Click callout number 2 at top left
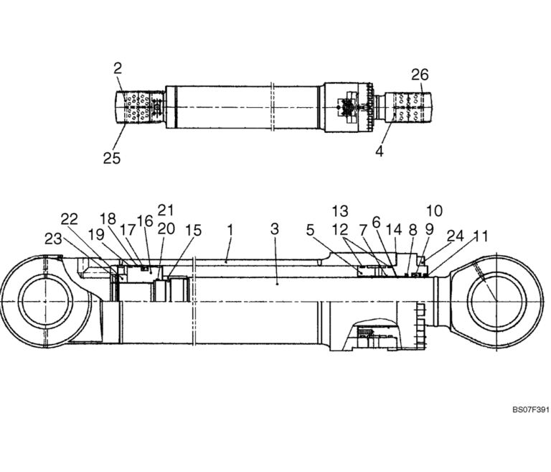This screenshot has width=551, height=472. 118,68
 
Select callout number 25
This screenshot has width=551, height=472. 111,157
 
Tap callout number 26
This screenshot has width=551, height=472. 420,74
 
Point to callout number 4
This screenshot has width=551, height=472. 380,152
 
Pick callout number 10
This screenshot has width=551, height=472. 433,210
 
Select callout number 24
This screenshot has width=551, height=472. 456,236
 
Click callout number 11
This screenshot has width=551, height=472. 481,235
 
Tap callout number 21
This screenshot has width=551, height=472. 166,210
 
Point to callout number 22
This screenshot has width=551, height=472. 69,219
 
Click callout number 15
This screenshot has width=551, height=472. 192,231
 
